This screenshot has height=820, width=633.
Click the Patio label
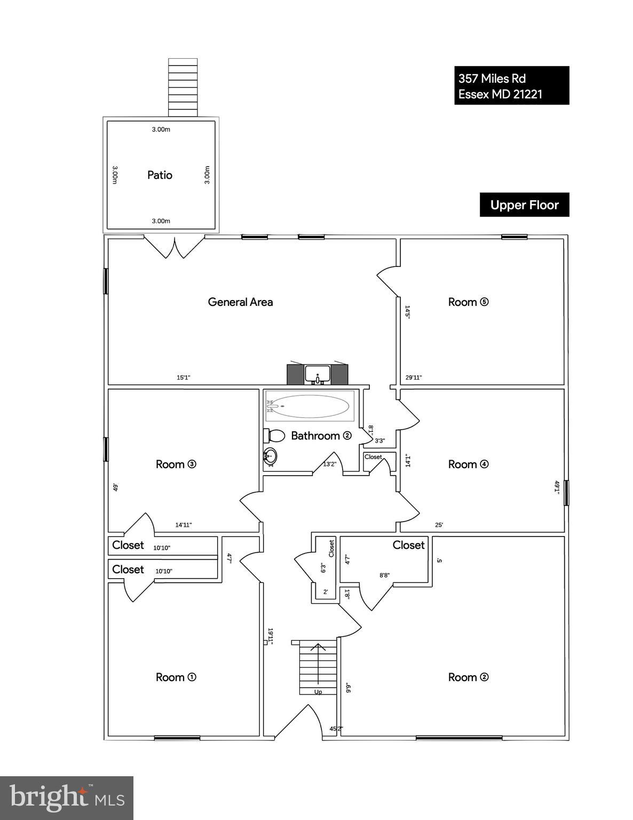point(160,175)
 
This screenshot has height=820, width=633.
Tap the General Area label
point(240,302)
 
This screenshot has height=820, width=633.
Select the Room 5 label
point(468,302)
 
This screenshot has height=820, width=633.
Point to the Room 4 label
point(468,464)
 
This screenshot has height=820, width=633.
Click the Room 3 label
point(176,464)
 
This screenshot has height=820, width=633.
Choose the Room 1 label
point(176,677)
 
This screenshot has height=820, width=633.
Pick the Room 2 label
point(468,677)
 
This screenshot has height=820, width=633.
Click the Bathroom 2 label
point(321,436)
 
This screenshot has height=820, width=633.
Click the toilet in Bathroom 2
point(274,436)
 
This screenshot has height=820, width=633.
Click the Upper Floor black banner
point(524,205)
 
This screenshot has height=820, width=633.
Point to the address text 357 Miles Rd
point(492,78)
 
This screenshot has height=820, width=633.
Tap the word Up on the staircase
point(318,692)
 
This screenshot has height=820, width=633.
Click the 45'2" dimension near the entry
point(336,729)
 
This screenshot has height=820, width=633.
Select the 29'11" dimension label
point(414,377)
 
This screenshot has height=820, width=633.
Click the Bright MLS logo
point(67,798)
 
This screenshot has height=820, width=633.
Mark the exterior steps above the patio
point(183,87)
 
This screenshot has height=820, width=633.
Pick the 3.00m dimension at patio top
point(161,130)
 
